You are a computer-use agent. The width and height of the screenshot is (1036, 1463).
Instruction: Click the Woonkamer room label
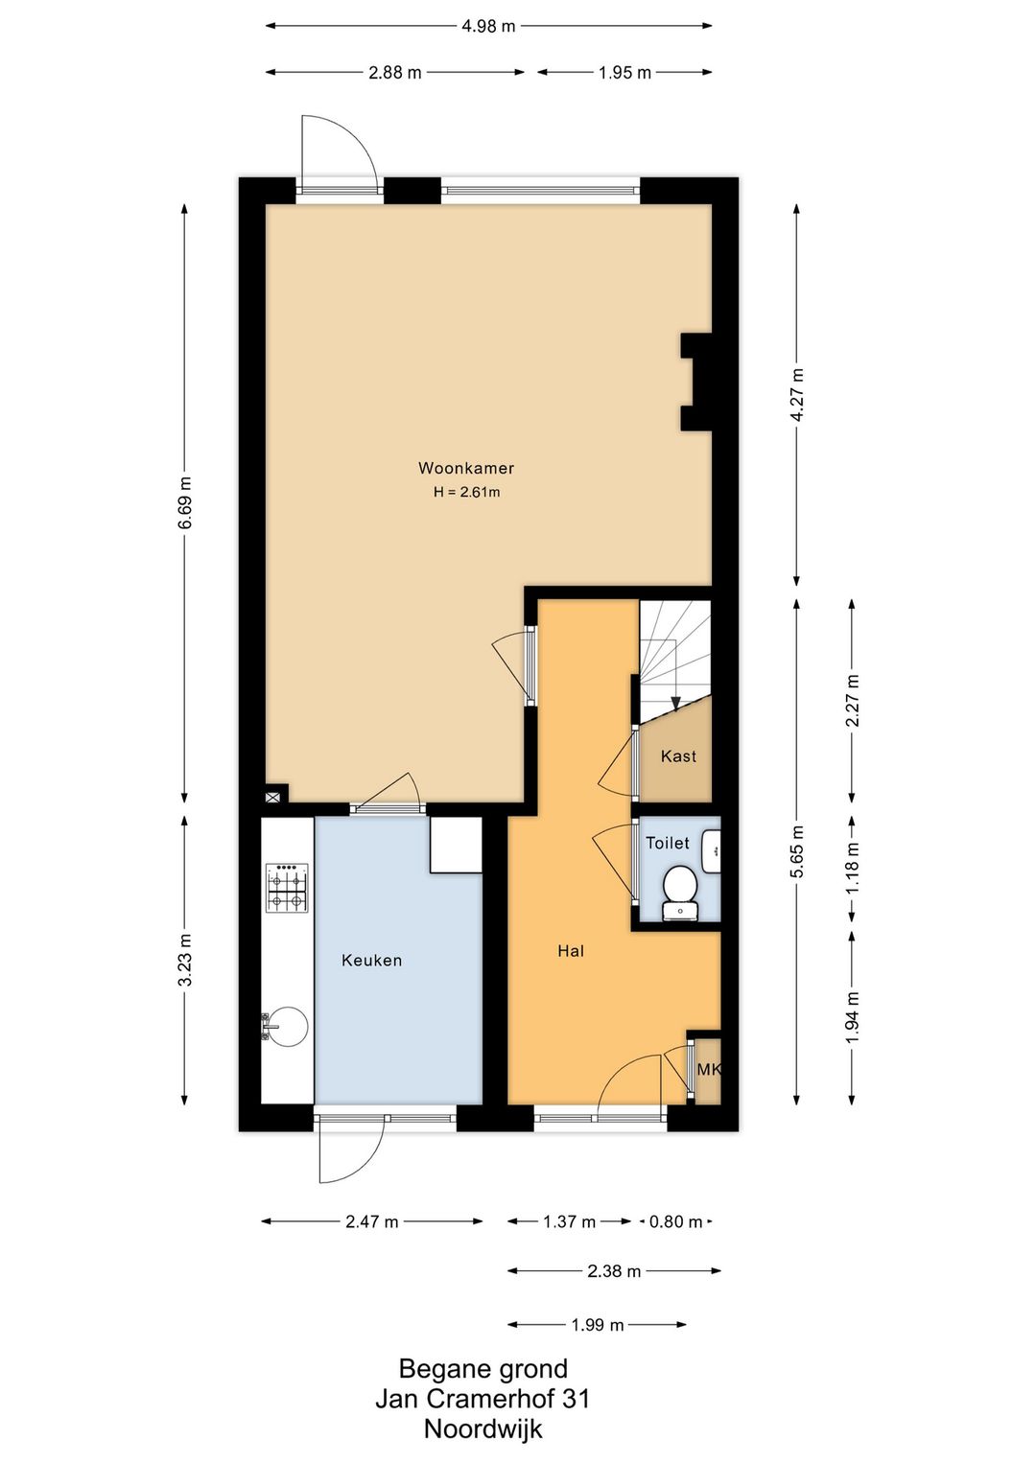point(466,468)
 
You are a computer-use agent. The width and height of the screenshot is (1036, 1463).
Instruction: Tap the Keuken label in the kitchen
point(371,960)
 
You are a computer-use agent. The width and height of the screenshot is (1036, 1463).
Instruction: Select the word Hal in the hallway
point(571,951)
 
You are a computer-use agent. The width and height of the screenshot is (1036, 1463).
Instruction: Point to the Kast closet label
point(678,756)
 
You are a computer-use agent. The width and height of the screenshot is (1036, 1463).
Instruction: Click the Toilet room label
point(668,843)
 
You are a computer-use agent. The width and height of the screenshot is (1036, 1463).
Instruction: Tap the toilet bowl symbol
point(680,893)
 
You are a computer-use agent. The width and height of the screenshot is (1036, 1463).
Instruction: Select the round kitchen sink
point(288,1027)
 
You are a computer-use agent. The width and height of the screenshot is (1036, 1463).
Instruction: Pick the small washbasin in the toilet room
point(711,851)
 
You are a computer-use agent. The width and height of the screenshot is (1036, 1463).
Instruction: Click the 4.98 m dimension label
point(487,26)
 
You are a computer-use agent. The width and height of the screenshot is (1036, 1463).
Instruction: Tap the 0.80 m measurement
point(675,1221)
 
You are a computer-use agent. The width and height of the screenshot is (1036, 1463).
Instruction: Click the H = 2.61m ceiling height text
point(466,493)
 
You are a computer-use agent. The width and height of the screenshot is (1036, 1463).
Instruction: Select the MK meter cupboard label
point(709,1070)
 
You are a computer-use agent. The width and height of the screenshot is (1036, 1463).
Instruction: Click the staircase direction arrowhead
point(676,702)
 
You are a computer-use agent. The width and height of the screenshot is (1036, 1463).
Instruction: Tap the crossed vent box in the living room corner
point(275,796)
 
